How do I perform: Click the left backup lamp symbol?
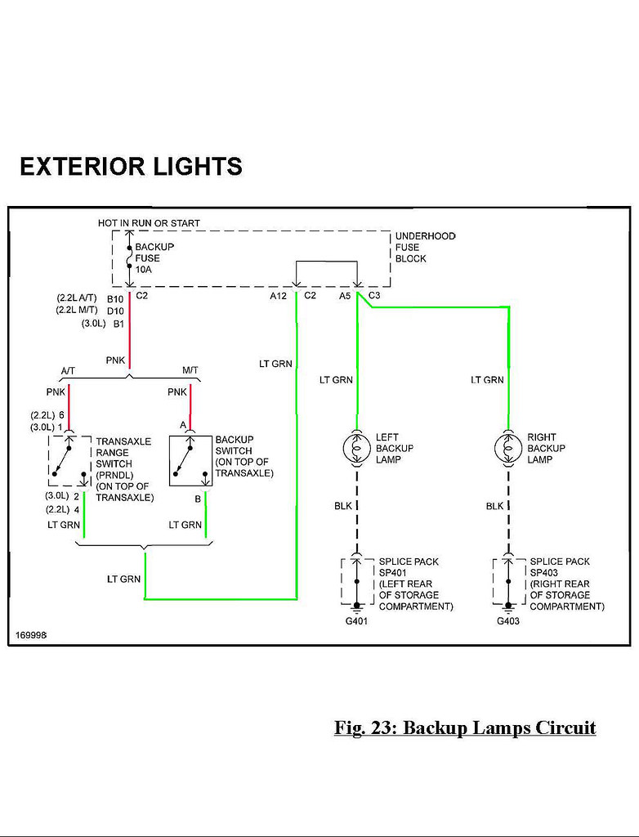click(356, 448)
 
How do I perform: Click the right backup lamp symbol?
click(508, 448)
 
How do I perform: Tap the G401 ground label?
click(356, 621)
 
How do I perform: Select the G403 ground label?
click(507, 621)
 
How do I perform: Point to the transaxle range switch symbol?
click(69, 461)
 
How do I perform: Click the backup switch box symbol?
click(190, 461)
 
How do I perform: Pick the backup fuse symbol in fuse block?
click(129, 259)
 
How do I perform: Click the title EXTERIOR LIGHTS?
click(132, 166)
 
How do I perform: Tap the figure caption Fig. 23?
click(465, 728)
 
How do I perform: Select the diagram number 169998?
click(31, 635)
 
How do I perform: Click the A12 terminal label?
click(278, 296)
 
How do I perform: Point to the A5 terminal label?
click(345, 296)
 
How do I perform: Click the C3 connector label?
click(374, 295)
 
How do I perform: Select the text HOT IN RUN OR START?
click(149, 223)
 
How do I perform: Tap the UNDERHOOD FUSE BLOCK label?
click(426, 247)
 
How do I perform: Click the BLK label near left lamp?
click(343, 505)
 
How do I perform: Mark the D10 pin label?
click(115, 311)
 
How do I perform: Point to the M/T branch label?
click(190, 370)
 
